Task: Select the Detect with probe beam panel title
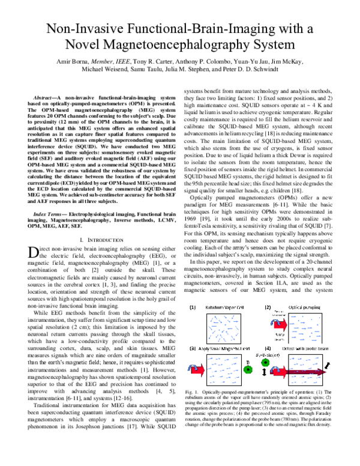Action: [304, 348]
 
